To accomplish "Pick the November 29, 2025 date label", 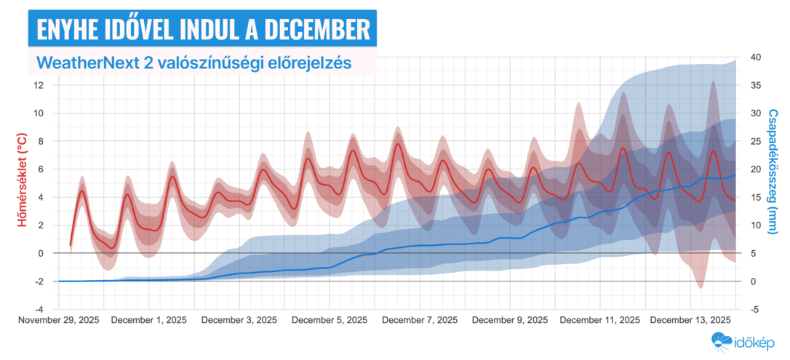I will (59, 320).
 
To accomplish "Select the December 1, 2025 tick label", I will (149, 320).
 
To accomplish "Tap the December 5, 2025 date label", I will (329, 320).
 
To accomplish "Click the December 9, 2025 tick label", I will (509, 320).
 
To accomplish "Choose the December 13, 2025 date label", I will (690, 320).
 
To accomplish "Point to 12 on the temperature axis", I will (39, 85).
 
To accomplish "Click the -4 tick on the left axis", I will (39, 309).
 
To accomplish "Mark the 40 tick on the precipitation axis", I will (755, 57).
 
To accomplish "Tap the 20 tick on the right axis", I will (755, 169).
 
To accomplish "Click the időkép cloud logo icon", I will (722, 340).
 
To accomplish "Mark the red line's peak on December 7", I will (398, 144).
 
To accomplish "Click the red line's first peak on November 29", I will (81, 191).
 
